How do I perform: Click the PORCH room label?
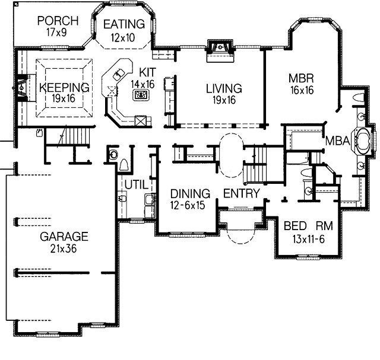[58, 21]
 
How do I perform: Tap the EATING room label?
[124, 24]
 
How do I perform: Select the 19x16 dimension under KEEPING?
[64, 98]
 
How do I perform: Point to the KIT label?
[148, 72]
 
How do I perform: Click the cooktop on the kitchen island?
[141, 94]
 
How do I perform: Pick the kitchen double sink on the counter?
[119, 74]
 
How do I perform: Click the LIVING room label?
[224, 88]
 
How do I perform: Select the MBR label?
[301, 78]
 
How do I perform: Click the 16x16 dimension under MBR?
[302, 90]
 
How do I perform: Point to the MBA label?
[337, 141]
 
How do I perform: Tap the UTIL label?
[136, 185]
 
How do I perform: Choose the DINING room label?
[190, 194]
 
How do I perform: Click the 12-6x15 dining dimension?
[188, 205]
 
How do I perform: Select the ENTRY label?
[242, 193]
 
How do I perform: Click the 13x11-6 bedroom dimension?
[308, 239]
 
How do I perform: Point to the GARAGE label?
[64, 237]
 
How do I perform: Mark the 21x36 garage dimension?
[64, 249]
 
